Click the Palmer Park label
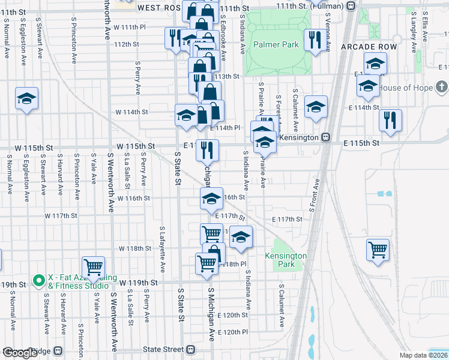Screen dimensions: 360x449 click(x=276, y=45)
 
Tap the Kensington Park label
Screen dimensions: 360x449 click(x=286, y=260)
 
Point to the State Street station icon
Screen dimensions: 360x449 click(x=191, y=349)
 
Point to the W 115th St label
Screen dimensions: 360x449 click(x=136, y=146)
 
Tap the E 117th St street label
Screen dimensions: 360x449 click(x=287, y=220)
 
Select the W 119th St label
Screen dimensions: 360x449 click(x=137, y=282)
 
